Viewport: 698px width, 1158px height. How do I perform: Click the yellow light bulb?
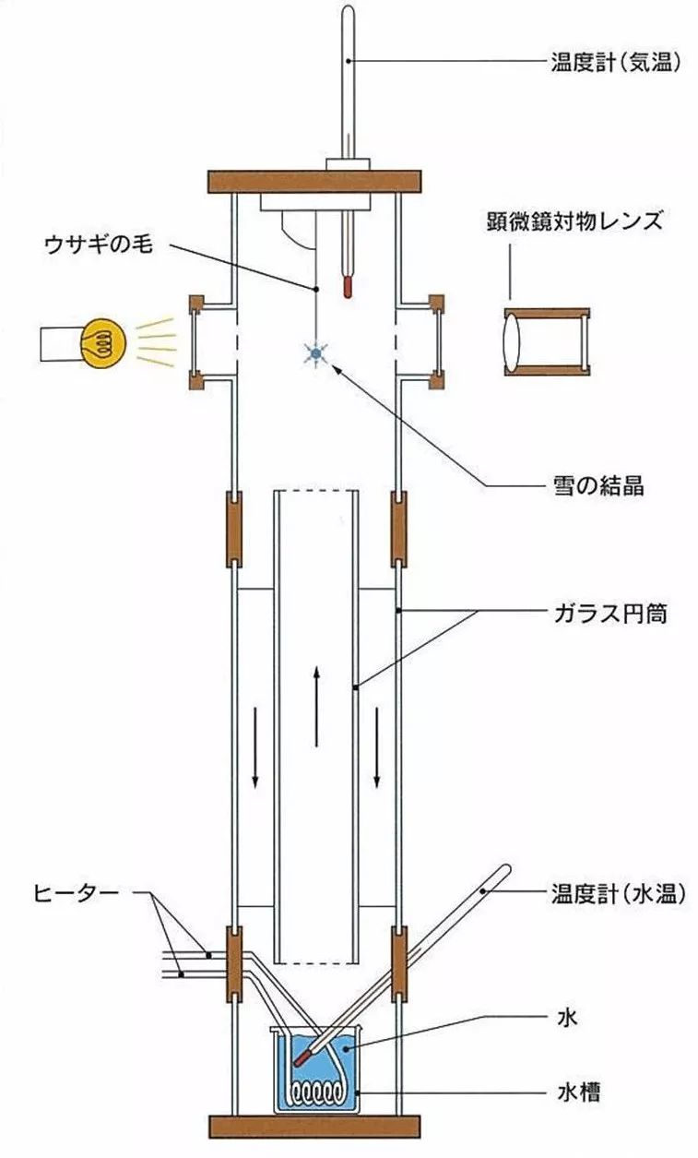[101, 343]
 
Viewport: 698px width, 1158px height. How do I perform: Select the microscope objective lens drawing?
[545, 342]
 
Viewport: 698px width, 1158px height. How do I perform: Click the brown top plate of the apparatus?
[315, 181]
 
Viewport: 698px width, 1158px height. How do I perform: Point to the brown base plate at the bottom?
[316, 1127]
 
